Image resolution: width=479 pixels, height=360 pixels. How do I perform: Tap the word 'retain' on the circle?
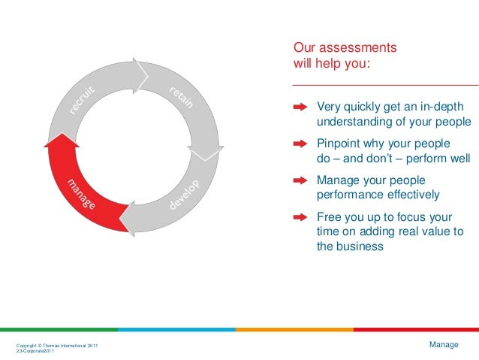tap(181, 98)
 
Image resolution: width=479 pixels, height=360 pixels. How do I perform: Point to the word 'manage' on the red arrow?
tap(80, 195)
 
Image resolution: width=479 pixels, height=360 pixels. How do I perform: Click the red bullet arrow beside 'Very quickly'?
tap(300, 107)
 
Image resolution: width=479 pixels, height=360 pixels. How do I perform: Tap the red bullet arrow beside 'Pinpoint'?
tap(300, 144)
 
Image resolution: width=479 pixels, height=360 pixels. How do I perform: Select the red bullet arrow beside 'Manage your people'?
tap(300, 180)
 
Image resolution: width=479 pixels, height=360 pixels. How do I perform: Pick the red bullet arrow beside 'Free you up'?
tap(300, 217)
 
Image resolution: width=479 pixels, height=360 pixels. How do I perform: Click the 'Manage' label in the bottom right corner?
tap(444, 344)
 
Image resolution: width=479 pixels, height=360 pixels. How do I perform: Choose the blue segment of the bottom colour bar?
tap(176, 329)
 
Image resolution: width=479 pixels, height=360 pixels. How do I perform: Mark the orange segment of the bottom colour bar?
tap(294, 329)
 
